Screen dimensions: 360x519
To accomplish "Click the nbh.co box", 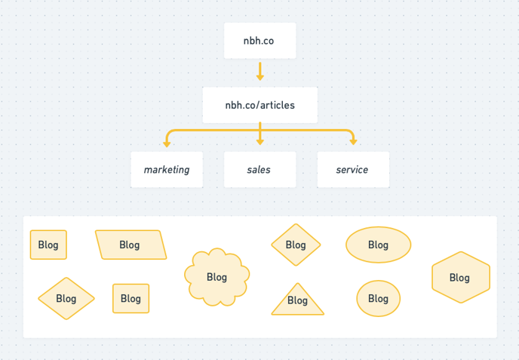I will [259, 41].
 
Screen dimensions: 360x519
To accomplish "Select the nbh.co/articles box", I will [259, 105].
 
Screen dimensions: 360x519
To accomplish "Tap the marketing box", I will [167, 170].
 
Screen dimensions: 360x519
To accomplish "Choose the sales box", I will [259, 170].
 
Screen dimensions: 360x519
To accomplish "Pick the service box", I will [352, 170].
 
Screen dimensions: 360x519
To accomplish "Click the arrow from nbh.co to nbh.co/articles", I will [259, 72].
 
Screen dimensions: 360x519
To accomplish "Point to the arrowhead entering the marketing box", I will [167, 142].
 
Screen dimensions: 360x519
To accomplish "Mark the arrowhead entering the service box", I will [352, 142].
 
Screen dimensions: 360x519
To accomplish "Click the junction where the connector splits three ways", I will [259, 131].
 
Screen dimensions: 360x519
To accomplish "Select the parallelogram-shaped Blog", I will [131, 245].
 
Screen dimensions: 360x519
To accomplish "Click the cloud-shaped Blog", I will [217, 277].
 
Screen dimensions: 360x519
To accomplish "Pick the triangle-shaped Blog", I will [297, 300].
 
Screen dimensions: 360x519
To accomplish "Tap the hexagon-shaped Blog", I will [460, 277].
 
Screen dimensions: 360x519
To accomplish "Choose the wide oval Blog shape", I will [378, 245].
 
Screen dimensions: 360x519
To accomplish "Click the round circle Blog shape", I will [378, 299].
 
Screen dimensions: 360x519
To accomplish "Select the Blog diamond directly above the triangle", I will [296, 245].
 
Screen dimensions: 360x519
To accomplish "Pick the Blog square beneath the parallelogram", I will [131, 298].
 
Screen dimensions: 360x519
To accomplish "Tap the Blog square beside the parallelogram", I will [48, 245].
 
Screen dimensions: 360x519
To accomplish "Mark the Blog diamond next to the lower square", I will [66, 299].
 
